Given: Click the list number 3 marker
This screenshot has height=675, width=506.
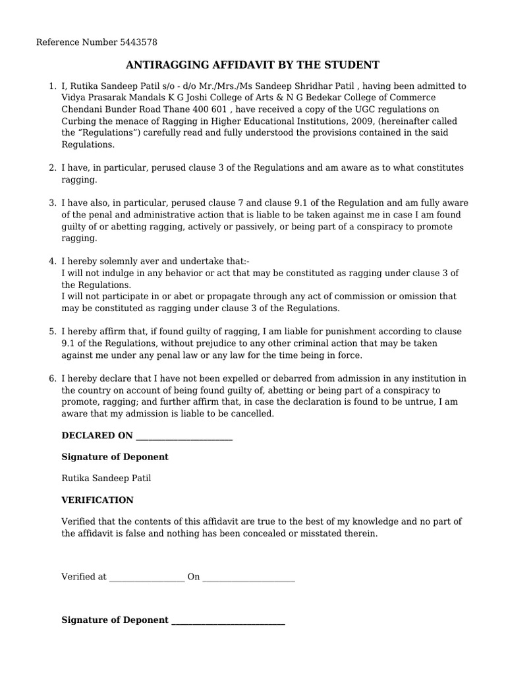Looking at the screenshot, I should tap(52, 203).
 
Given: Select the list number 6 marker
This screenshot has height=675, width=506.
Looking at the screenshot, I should tap(52, 378).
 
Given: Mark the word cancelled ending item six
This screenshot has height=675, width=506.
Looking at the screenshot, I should tap(251, 414).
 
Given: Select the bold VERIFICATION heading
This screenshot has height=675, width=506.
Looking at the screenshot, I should tap(97, 500).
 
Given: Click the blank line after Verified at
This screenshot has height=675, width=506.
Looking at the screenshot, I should tap(147, 577).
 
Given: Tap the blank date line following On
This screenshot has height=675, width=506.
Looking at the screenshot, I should tap(248, 577).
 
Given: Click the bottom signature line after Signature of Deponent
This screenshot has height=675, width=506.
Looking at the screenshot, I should tap(228, 621).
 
